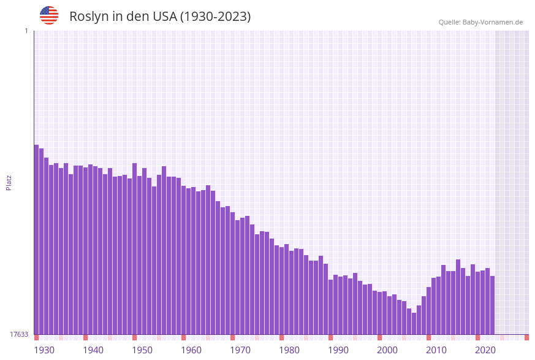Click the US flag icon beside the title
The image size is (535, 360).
coord(49,15)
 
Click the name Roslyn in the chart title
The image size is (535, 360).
coord(89,17)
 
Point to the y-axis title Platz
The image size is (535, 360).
coord(9,182)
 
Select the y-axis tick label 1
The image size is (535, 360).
coord(26,31)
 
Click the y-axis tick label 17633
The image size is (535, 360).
coord(19,334)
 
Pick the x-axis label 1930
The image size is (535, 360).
coord(44,350)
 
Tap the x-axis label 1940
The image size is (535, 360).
coord(93,350)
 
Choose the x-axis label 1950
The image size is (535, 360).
coord(142,350)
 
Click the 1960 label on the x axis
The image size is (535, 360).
coord(191,350)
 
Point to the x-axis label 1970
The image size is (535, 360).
coord(240,350)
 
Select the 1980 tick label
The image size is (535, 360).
coord(289,350)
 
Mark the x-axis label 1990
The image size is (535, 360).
coord(338,350)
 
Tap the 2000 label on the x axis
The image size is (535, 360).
coord(387,350)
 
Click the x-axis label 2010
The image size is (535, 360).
coord(436,350)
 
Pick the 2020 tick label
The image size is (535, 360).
coord(485,350)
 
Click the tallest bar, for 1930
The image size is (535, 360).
coord(36,239)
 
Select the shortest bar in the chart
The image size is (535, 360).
coord(414,323)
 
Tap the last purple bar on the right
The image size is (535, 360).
coord(492,305)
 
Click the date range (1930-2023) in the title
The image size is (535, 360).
coord(214,17)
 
